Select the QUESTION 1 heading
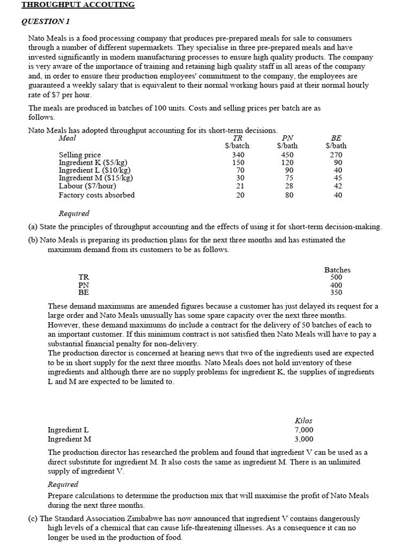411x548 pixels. (x=45, y=21)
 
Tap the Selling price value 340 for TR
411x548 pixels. (x=238, y=155)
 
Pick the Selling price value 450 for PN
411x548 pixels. (x=287, y=155)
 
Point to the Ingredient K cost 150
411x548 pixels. (x=238, y=163)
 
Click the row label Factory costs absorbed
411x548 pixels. (x=96, y=195)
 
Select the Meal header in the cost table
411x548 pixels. (x=67, y=138)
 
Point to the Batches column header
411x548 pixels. (x=337, y=270)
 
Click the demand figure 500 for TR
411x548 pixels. (x=336, y=277)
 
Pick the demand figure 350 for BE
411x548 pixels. (x=336, y=293)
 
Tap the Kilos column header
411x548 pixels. (x=303, y=421)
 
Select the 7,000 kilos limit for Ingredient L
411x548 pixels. (x=304, y=430)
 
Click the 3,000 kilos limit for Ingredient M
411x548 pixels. (x=304, y=439)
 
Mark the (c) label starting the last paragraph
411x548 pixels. (x=33, y=519)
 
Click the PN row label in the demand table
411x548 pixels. (x=84, y=285)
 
